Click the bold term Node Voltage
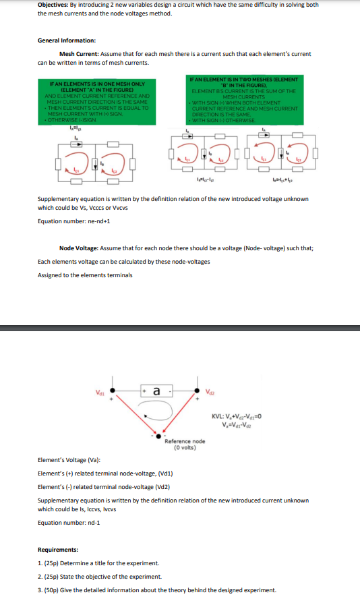pyautogui.click(x=81, y=248)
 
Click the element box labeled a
pyautogui.click(x=156, y=391)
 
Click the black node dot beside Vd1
pyautogui.click(x=114, y=391)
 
